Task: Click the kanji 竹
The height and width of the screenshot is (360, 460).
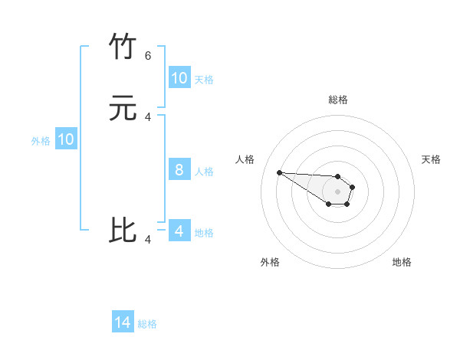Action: (x=123, y=47)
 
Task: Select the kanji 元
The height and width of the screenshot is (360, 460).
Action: (x=123, y=109)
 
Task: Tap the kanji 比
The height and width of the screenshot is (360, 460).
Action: (x=123, y=230)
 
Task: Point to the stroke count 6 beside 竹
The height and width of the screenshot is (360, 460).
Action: (x=148, y=56)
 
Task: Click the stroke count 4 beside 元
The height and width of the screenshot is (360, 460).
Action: (x=148, y=117)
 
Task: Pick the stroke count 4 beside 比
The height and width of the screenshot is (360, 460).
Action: (x=148, y=240)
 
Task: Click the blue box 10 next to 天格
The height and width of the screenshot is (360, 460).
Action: (x=179, y=78)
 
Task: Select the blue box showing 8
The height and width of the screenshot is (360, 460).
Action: (x=179, y=170)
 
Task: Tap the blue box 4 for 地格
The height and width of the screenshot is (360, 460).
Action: (x=179, y=231)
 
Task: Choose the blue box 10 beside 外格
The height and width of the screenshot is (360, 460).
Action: (x=65, y=139)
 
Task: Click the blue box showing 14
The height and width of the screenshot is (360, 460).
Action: (x=123, y=323)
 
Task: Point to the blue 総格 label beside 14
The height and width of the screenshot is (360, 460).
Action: (x=147, y=324)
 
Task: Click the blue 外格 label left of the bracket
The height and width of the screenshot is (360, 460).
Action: (x=41, y=141)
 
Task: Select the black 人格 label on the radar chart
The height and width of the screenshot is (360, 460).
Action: (x=245, y=159)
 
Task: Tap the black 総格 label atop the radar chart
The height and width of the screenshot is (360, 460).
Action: (x=338, y=100)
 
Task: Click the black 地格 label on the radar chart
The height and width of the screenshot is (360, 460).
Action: (x=402, y=262)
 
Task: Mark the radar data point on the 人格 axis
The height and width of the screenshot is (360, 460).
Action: (x=279, y=172)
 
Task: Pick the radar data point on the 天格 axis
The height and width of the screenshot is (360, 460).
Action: (x=353, y=187)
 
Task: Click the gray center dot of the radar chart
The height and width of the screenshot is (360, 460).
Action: (x=338, y=191)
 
